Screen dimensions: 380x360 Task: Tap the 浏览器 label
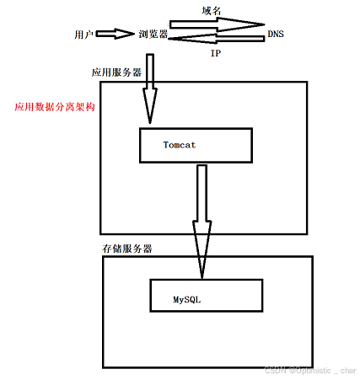[153, 35]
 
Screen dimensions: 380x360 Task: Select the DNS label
[276, 35]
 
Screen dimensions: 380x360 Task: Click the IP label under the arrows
[215, 52]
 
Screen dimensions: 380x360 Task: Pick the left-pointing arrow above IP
[218, 38]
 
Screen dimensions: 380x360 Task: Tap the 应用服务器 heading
[117, 73]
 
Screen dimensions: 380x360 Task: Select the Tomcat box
[196, 146]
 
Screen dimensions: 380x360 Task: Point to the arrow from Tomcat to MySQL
[201, 219]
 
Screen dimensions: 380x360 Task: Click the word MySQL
[187, 299]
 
